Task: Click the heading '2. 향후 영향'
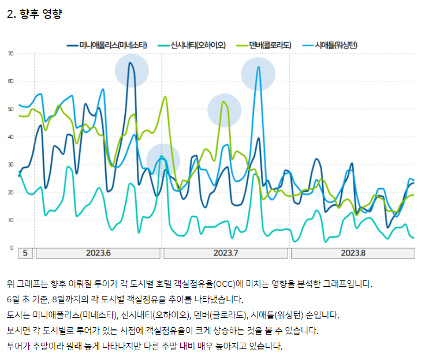[x=34, y=14]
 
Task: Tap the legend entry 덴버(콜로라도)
[x=270, y=45]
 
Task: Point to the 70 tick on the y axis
[x=10, y=54]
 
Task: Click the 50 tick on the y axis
[x=10, y=109]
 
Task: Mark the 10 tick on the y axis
[x=10, y=220]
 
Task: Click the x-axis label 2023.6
[x=98, y=253]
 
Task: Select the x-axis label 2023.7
[x=226, y=253]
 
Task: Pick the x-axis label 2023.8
[x=353, y=253]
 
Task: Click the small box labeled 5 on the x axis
[x=25, y=253]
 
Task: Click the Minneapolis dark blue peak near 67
[x=131, y=63]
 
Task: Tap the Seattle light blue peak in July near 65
[x=258, y=67]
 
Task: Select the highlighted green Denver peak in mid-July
[x=223, y=102]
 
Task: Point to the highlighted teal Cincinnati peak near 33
[x=162, y=156]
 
